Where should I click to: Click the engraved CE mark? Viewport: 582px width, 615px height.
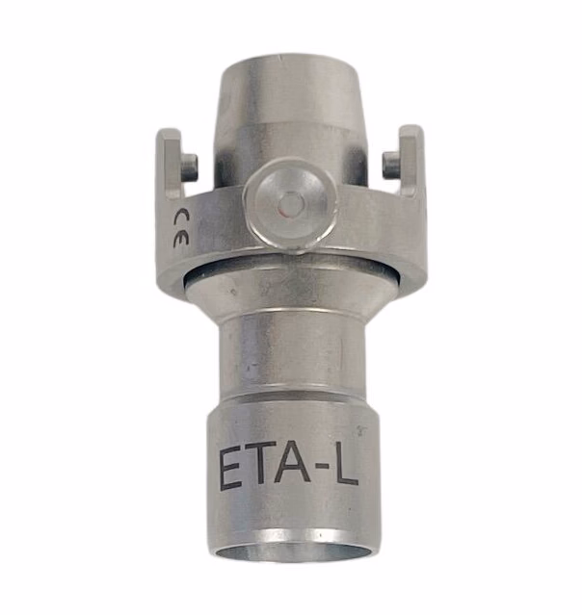click(180, 228)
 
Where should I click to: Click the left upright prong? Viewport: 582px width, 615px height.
click(170, 165)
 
